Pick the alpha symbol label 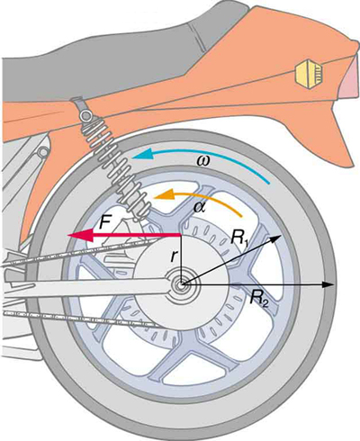point(199,208)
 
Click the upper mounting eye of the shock point(82,118)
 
